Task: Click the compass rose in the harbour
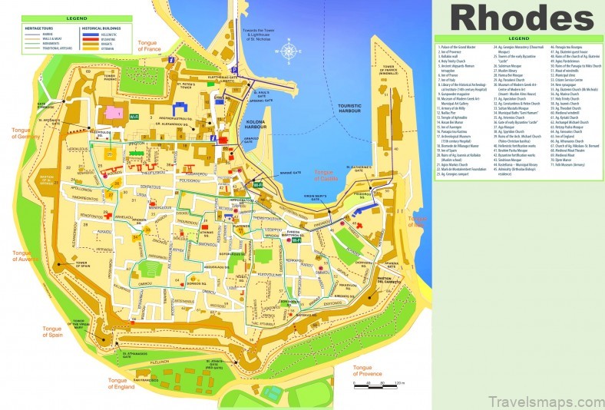point(289,52)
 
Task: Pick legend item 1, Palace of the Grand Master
point(464,48)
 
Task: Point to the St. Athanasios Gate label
point(139,355)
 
